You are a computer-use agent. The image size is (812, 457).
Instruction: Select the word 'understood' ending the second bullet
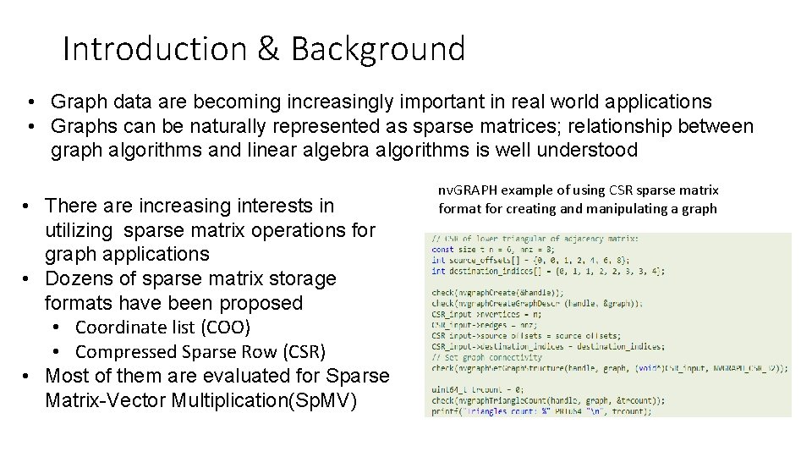pos(606,151)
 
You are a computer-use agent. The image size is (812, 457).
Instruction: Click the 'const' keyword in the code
pos(442,250)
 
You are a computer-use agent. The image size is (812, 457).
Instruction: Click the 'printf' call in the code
pos(445,412)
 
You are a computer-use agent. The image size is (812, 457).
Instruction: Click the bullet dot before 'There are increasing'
pos(29,206)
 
